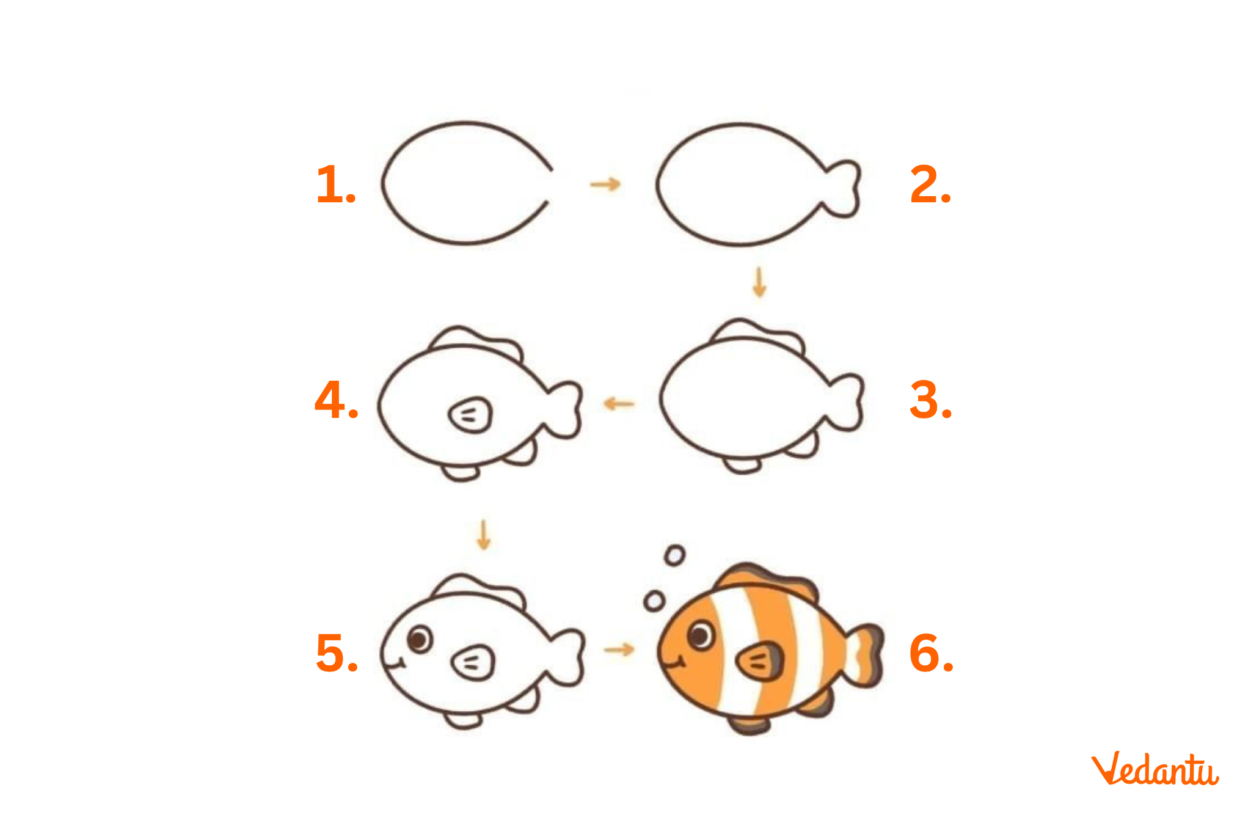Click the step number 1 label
click(335, 184)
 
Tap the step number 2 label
click(930, 184)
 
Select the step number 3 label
click(930, 400)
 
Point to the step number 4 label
click(336, 400)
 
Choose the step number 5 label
click(337, 653)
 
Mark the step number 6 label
click(931, 653)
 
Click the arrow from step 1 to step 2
click(605, 184)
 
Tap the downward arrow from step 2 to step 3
click(759, 282)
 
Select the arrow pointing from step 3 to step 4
click(619, 403)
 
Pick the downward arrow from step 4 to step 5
click(484, 535)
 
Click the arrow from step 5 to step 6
click(619, 649)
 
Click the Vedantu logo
click(1154, 769)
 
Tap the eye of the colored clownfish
click(701, 634)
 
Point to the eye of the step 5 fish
click(420, 639)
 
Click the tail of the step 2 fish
click(844, 189)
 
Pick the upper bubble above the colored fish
click(674, 555)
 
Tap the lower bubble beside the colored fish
click(654, 601)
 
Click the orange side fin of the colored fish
click(760, 661)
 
